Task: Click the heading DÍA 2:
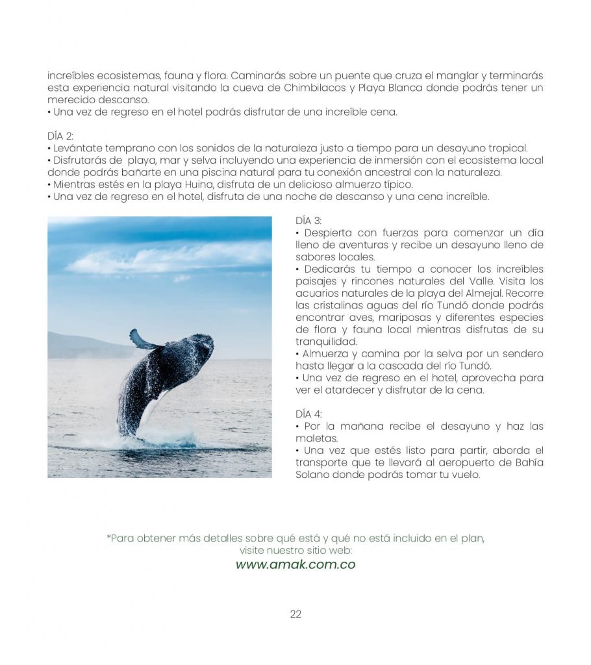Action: point(60,136)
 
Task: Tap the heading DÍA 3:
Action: point(308,221)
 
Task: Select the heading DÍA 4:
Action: point(308,414)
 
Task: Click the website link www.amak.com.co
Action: point(295,564)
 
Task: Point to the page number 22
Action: point(295,614)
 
